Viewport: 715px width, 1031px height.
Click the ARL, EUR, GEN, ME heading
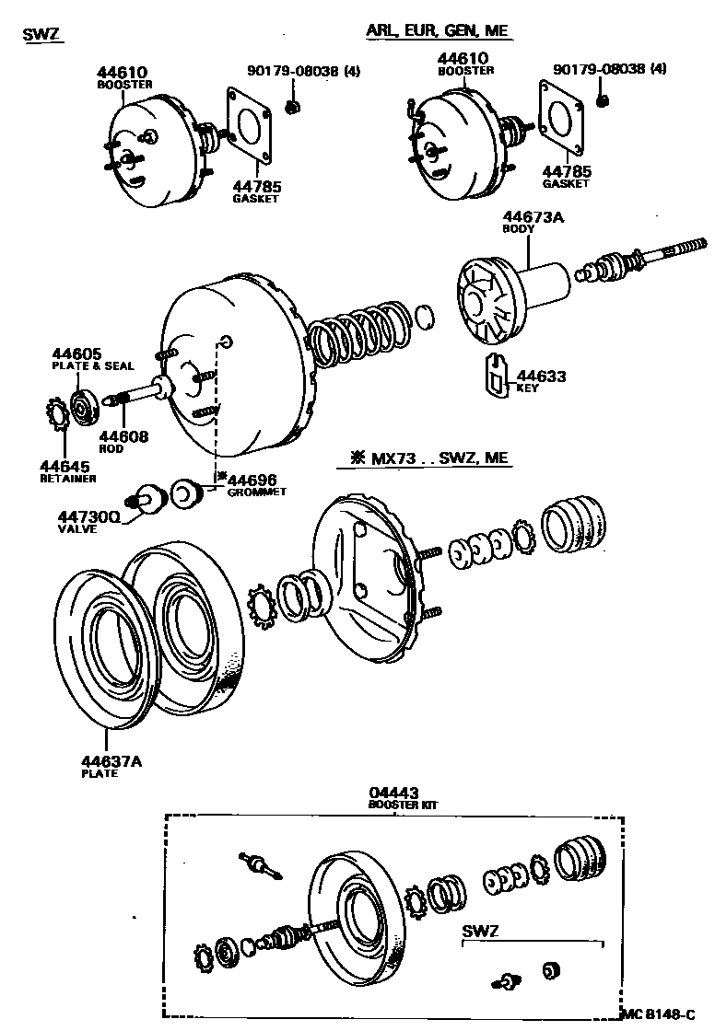click(x=437, y=31)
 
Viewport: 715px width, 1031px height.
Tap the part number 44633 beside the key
click(x=541, y=376)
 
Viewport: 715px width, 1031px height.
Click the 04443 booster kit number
click(x=393, y=792)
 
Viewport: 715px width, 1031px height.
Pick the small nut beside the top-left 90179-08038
click(x=292, y=108)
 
